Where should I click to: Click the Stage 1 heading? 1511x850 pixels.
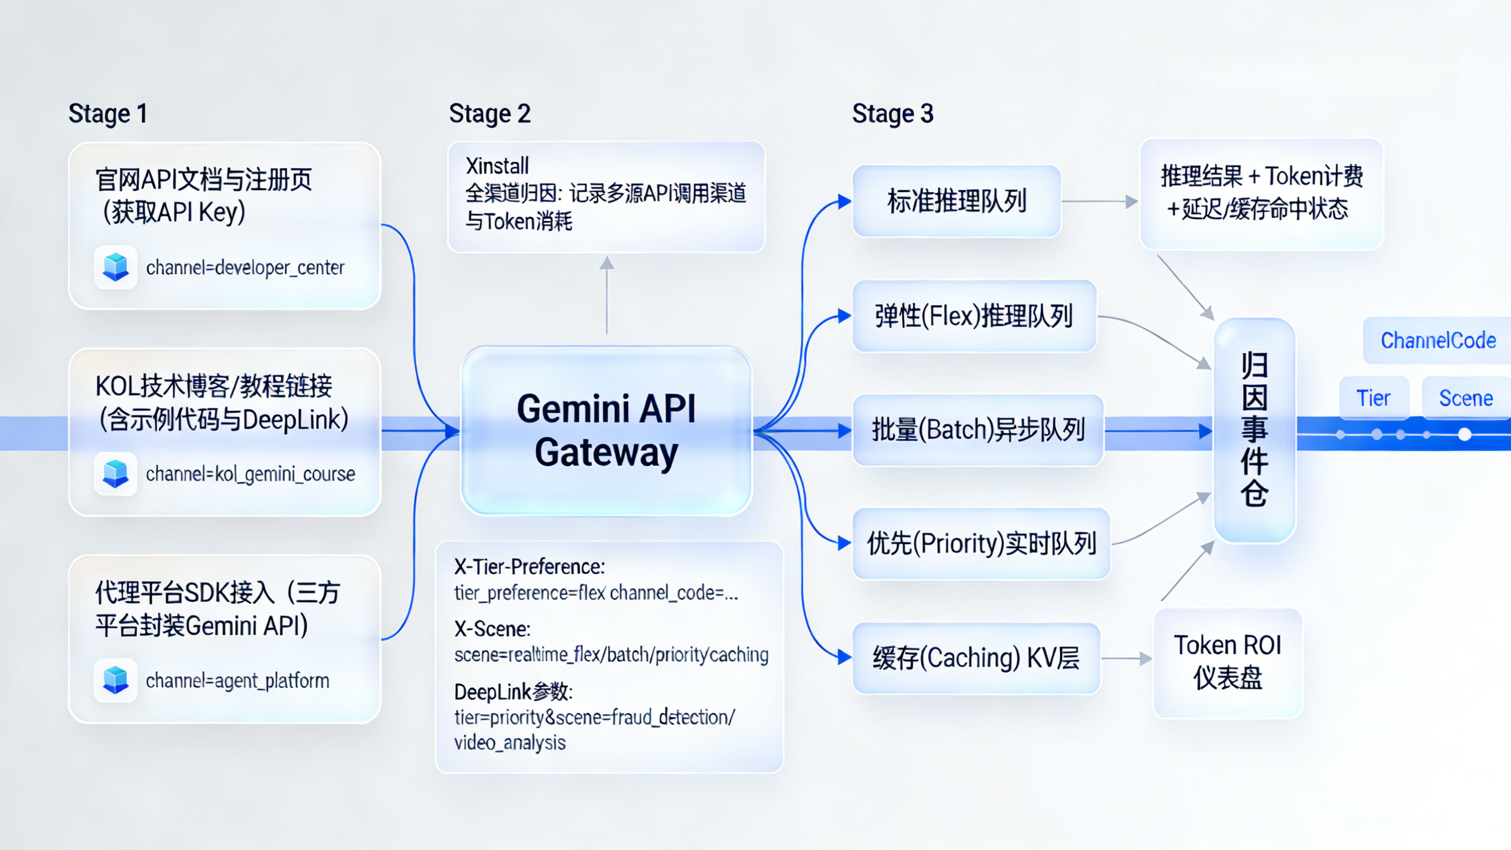pos(108,114)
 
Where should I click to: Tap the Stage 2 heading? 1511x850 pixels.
pos(490,114)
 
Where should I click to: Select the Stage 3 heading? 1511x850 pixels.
pos(892,114)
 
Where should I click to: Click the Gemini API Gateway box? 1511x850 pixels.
pos(606,430)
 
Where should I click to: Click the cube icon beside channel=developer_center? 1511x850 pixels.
pos(116,267)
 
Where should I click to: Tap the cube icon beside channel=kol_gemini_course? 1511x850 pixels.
pos(116,473)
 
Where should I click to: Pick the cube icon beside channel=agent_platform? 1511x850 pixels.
pos(116,681)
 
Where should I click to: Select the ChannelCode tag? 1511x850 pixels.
pos(1438,341)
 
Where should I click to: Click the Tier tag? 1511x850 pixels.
pos(1373,398)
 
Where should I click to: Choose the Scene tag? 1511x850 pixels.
pos(1465,398)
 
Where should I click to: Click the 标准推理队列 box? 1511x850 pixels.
pos(957,202)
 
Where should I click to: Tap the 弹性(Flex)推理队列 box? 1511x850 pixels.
pos(974,316)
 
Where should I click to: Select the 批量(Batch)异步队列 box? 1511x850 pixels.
pos(978,430)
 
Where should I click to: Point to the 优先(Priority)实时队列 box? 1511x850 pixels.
pos(981,544)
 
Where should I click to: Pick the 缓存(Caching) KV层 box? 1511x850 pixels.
pos(976,658)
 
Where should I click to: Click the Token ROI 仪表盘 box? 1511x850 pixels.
pos(1228,662)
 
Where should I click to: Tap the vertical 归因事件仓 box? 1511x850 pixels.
pos(1254,430)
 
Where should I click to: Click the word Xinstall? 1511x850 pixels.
pos(498,166)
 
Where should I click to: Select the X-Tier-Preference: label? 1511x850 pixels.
pos(530,567)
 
